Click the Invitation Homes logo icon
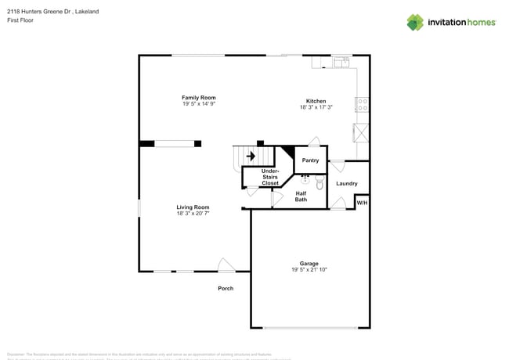pyautogui.click(x=414, y=22)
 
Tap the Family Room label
pyautogui.click(x=199, y=98)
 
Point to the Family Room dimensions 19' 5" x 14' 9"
pyautogui.click(x=199, y=104)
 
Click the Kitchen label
pyautogui.click(x=316, y=101)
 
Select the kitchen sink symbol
pyautogui.click(x=342, y=61)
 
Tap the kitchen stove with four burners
pyautogui.click(x=362, y=104)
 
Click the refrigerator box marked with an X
pyautogui.click(x=361, y=131)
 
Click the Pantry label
pyautogui.click(x=310, y=160)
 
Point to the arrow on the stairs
pyautogui.click(x=251, y=156)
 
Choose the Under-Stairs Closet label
pyautogui.click(x=270, y=177)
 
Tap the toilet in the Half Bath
pyautogui.click(x=319, y=185)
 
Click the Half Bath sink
pyautogui.click(x=305, y=179)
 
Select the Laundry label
pyautogui.click(x=347, y=184)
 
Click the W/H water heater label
pyautogui.click(x=362, y=203)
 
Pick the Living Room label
pyautogui.click(x=193, y=207)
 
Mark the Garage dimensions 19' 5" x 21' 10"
pyautogui.click(x=309, y=269)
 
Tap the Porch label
pyautogui.click(x=226, y=289)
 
